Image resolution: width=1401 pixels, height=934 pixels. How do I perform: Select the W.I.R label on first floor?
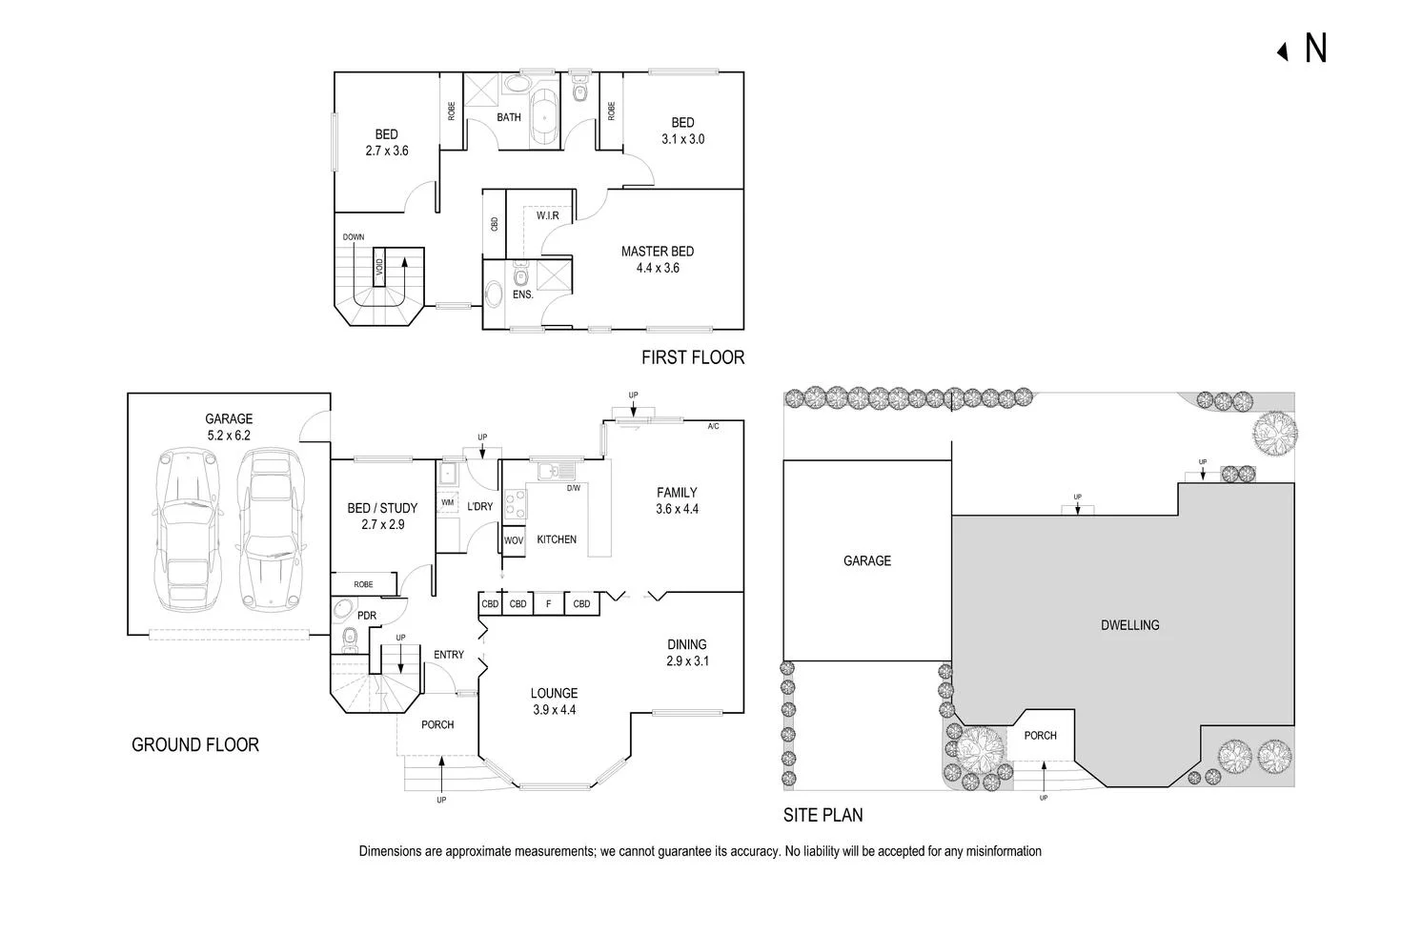pos(547,216)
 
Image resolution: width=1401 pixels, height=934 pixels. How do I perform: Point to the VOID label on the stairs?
pos(378,267)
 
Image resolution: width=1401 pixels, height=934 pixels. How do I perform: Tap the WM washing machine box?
pos(447,501)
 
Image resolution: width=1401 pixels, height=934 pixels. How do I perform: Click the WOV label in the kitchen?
pos(513,540)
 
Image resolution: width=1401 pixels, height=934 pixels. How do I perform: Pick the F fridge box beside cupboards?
pos(548,604)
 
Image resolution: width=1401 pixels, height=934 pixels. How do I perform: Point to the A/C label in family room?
pos(713,426)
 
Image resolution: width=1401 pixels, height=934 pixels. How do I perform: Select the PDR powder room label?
pos(366,616)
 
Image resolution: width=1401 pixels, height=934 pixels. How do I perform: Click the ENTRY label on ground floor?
pos(449,655)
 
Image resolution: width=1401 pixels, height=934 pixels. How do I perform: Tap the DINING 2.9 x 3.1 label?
pos(687,652)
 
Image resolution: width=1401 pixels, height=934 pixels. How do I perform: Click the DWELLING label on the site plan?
pos(1129,625)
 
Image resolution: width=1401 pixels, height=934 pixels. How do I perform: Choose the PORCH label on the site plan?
pos(1040,736)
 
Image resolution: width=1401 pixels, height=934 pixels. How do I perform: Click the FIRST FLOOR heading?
pos(692,358)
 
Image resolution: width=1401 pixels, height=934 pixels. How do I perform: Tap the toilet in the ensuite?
pos(519,277)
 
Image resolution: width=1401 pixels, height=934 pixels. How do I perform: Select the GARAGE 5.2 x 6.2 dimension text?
pos(229,435)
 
